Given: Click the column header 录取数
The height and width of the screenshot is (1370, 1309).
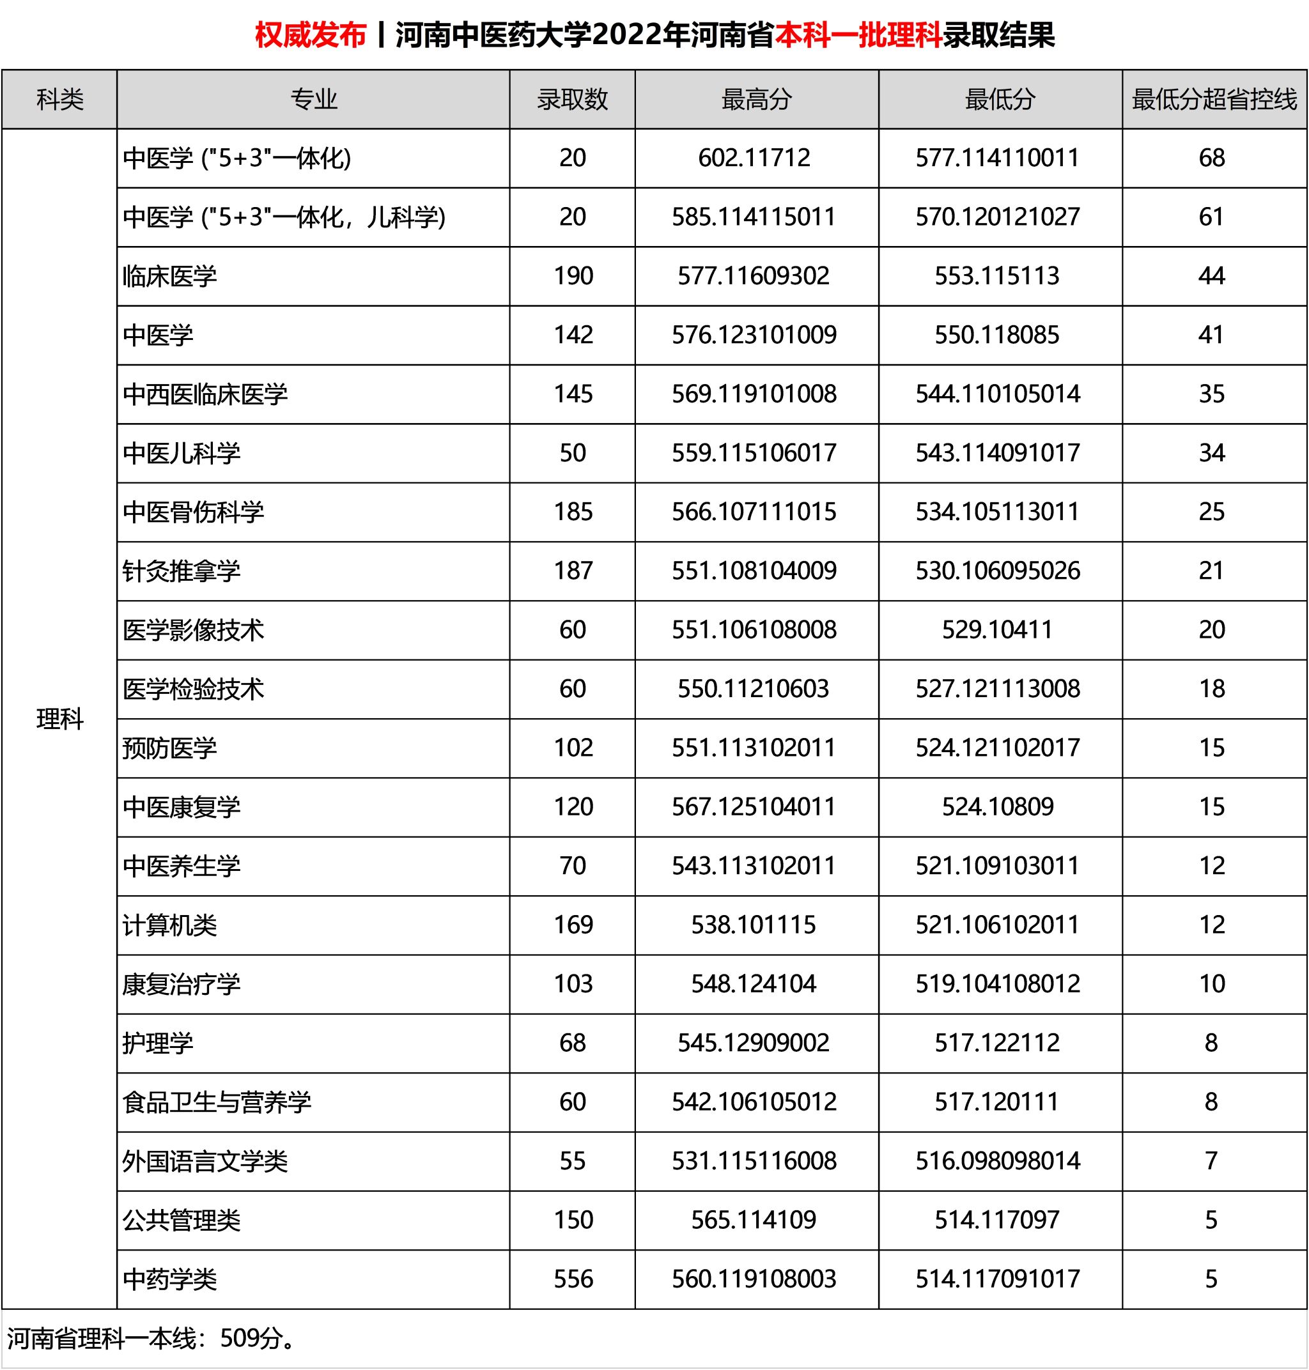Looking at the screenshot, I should (x=572, y=100).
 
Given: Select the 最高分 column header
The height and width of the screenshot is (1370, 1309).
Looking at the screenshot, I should (x=756, y=100).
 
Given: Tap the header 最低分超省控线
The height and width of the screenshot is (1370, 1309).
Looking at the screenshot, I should (x=1214, y=100).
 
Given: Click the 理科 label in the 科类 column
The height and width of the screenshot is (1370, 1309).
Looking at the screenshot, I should (x=60, y=719).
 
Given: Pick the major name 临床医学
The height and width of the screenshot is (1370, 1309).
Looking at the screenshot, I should (x=169, y=277).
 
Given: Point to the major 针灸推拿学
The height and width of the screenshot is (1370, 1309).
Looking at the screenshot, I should (x=182, y=571).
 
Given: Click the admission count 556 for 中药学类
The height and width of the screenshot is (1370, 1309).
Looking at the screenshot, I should (x=573, y=1279).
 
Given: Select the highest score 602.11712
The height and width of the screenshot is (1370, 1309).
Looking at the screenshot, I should (x=754, y=158).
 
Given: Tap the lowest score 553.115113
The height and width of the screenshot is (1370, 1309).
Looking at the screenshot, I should (x=997, y=276).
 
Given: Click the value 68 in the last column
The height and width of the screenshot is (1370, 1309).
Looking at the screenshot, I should (x=1212, y=158).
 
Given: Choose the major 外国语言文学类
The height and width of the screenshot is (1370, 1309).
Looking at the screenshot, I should (x=205, y=1162).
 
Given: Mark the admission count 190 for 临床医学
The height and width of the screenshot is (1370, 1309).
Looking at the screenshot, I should (x=573, y=276).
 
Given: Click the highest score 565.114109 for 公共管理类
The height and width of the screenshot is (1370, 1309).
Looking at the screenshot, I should (x=754, y=1220).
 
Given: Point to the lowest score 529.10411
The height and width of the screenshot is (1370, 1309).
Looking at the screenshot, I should (x=997, y=630).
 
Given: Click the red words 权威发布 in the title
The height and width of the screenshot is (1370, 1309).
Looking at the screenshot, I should (x=311, y=35).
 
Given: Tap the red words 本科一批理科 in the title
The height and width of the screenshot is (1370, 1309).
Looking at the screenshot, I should (x=858, y=35).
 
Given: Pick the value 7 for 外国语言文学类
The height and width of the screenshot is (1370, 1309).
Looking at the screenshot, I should (x=1211, y=1161).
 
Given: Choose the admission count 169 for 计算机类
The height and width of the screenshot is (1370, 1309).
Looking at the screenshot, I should (x=573, y=925).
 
